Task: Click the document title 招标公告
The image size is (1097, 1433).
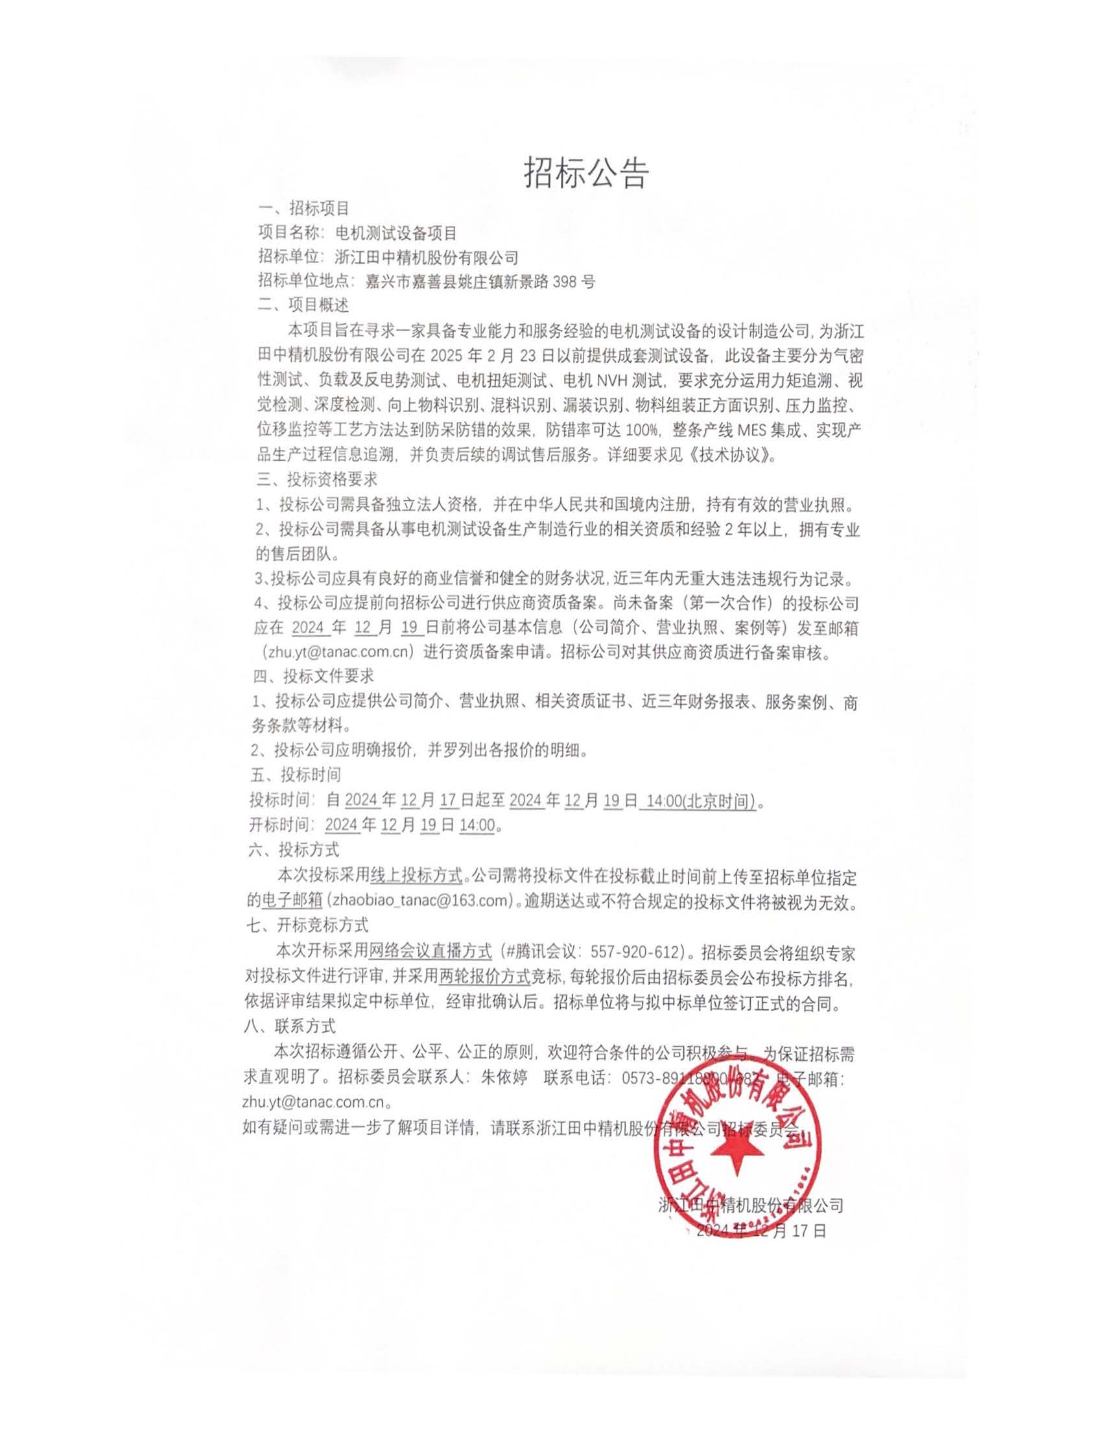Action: [585, 173]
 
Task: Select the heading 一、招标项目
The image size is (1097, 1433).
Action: [303, 209]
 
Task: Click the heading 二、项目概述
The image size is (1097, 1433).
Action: [303, 305]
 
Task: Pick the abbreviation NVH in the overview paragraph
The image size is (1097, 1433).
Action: [611, 379]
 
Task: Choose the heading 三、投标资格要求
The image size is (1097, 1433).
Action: [316, 480]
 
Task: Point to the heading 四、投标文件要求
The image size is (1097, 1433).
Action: [313, 676]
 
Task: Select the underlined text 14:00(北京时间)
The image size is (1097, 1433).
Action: [700, 801]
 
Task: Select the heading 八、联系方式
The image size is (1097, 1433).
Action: [289, 1026]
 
